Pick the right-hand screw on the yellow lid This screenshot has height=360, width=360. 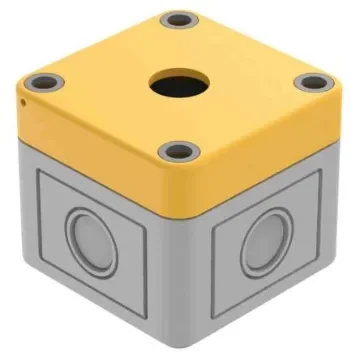pos(313,82)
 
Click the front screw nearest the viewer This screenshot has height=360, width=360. pos(176,152)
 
